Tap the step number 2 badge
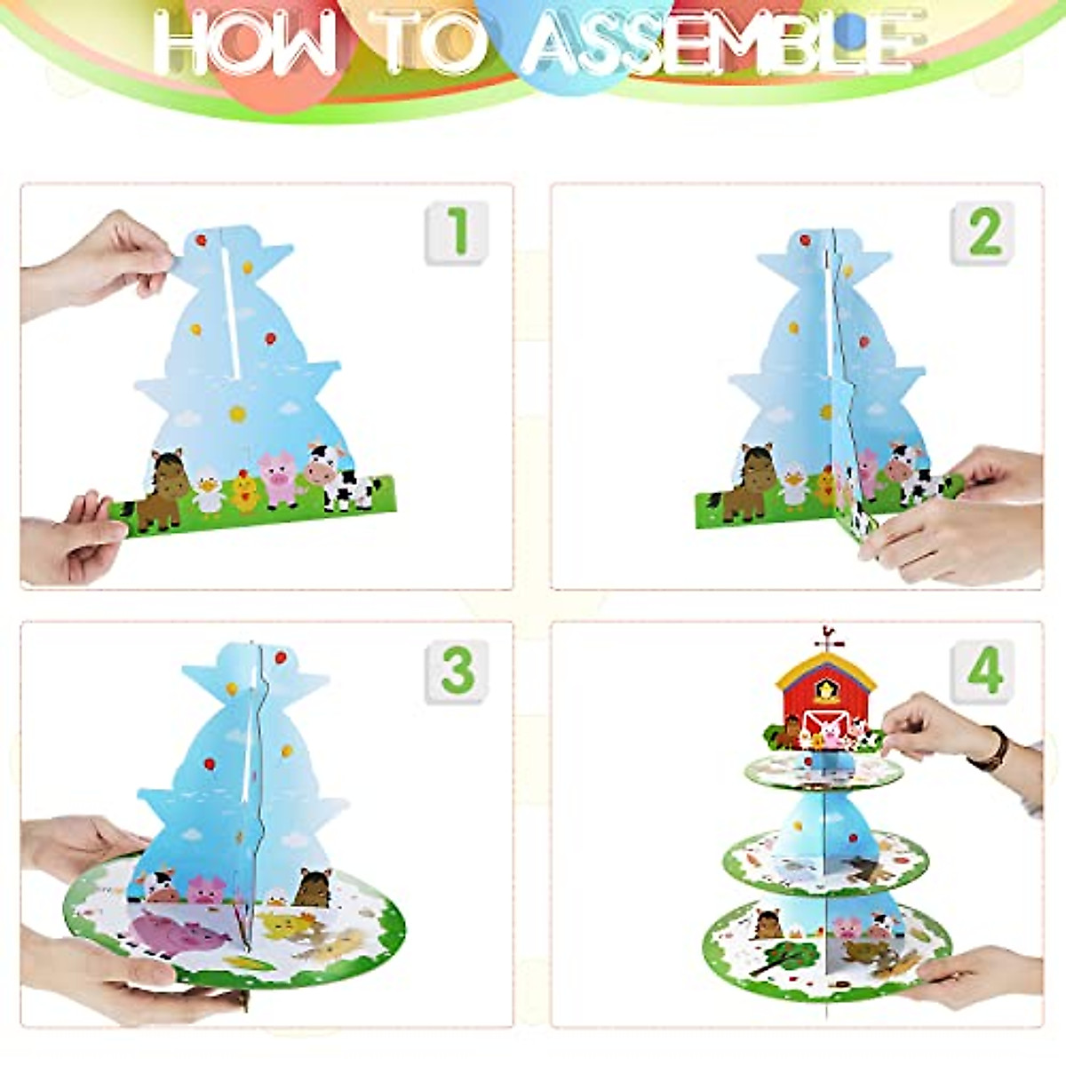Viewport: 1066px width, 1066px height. (x=983, y=233)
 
